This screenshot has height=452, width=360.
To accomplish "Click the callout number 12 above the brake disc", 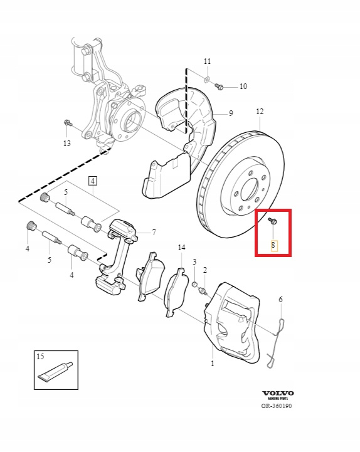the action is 260,111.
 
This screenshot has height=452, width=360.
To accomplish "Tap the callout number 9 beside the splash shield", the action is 231,113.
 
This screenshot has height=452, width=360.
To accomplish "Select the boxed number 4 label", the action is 93,181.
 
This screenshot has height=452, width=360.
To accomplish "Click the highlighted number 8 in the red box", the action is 273,246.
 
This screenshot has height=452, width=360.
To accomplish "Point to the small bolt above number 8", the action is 272,221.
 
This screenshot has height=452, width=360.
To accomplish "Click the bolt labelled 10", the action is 218,86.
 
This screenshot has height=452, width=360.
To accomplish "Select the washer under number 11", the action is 208,78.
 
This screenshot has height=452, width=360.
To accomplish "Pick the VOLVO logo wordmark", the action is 278,393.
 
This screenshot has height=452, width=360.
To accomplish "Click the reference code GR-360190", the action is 277,406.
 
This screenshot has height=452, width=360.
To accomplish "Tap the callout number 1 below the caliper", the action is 213,363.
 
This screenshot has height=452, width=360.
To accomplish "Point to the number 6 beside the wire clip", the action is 281,300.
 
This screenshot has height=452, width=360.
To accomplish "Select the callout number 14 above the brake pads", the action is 181,248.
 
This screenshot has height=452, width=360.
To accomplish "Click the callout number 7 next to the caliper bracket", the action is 154,233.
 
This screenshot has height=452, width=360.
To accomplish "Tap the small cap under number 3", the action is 194,285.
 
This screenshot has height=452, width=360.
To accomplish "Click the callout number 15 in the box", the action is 40,356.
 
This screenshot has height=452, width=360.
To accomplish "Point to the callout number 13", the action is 66,144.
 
